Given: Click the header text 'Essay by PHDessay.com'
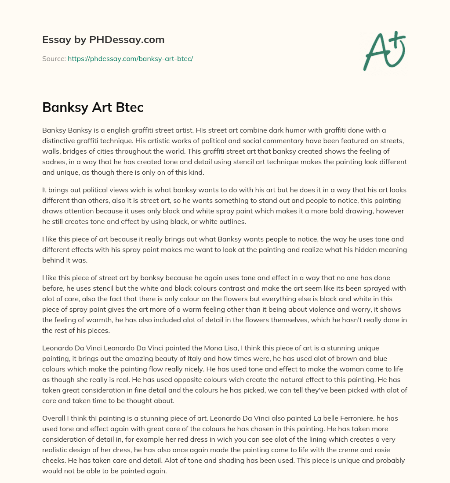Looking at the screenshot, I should coord(103,40).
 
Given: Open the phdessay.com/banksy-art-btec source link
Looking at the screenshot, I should coord(130,58).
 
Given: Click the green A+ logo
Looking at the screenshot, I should coord(384,50).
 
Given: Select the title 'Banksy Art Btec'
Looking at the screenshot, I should coord(93,108).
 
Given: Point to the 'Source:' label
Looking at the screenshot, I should coord(54,58).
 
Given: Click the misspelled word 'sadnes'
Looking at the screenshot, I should coord(53,162).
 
